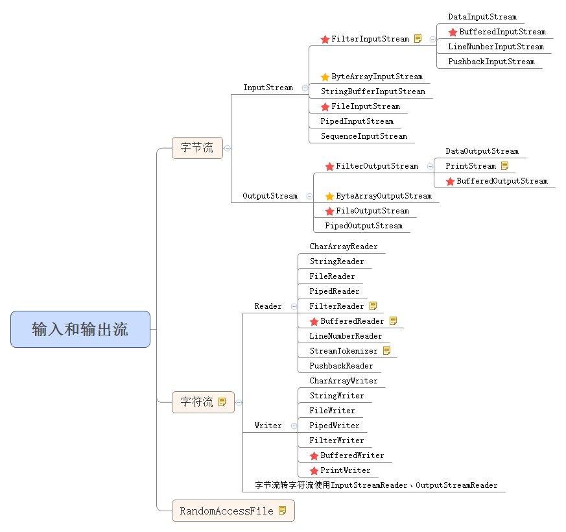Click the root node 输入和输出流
pos(80,329)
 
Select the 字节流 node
pos(197,148)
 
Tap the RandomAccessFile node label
pos(226,511)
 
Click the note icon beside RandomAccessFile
pos(282,511)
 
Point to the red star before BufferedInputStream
pos(453,32)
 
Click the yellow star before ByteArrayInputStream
pos(325,77)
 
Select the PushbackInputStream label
pos(491,62)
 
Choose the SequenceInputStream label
pos(364,136)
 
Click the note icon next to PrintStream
pos(505,166)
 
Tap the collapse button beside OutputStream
pos(309,196)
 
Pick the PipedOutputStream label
pos(364,226)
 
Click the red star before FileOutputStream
pos(329,212)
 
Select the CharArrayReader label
pos(343,247)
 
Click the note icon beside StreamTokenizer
pos(387,351)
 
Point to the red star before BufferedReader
pos(314,322)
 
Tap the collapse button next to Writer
pos(294,426)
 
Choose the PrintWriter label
pos(345,470)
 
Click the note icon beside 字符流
pos(222,402)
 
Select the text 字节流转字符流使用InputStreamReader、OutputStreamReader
pos(376,485)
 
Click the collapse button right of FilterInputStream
pos(432,39)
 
